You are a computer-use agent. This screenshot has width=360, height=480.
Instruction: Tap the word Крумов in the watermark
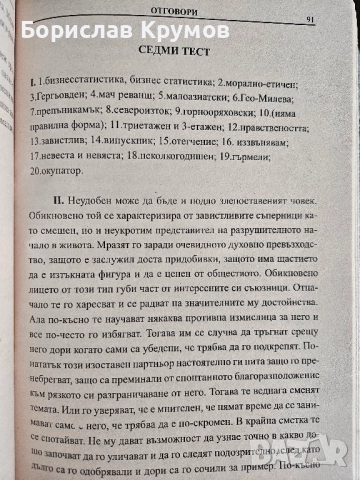click(194, 32)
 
